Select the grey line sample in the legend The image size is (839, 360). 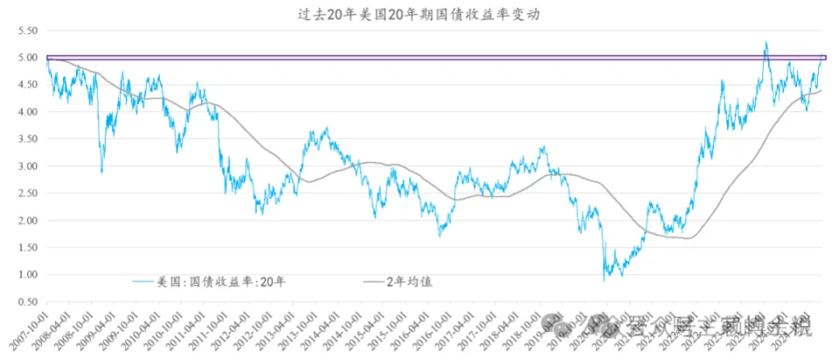tap(372, 281)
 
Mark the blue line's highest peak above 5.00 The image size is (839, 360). tap(766, 41)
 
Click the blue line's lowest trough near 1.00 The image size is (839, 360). tap(604, 280)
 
